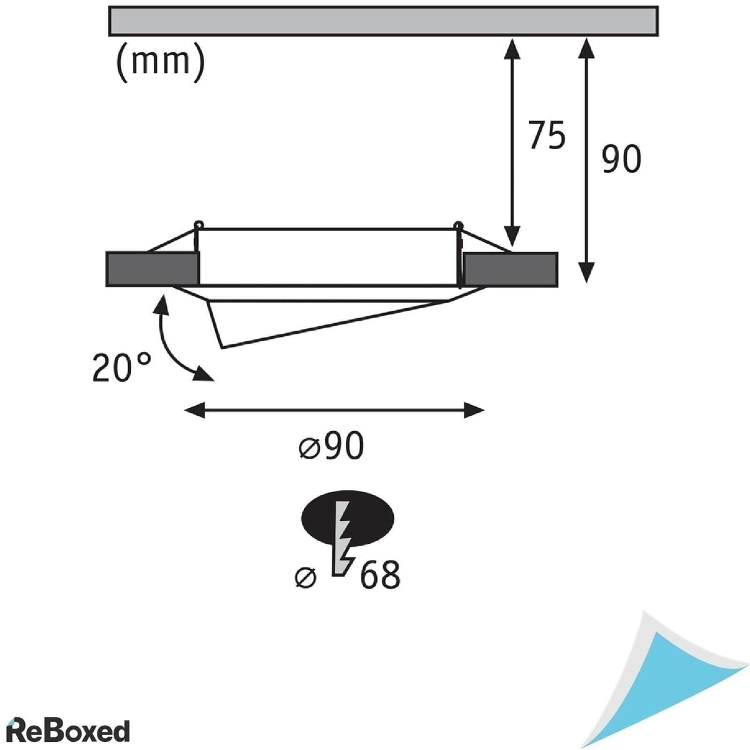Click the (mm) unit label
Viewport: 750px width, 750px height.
point(160,62)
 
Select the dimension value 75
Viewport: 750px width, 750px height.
point(547,135)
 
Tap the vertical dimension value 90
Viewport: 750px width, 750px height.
point(621,159)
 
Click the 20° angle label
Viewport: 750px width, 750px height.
point(121,367)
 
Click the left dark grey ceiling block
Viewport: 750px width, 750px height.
point(152,269)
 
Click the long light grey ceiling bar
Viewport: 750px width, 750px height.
point(383,21)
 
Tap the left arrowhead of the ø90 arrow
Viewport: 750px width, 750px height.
point(194,410)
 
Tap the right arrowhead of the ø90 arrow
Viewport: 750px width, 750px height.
point(474,410)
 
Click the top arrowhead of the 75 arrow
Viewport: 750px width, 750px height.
point(512,48)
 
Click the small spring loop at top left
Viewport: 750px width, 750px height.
point(199,224)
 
